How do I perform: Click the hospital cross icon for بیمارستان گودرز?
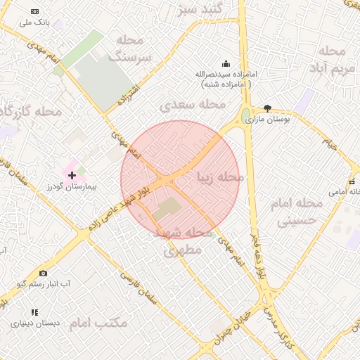pos(72,174)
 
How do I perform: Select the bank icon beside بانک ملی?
pos(36,12)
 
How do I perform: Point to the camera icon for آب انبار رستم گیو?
pos(44,273)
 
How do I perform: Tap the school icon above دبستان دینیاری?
pos(34,312)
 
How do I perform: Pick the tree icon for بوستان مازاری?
pos(267,108)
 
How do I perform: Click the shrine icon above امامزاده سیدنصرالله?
pos(226,63)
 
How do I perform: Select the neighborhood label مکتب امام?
pos(99,323)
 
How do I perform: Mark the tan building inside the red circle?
pos(168,208)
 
